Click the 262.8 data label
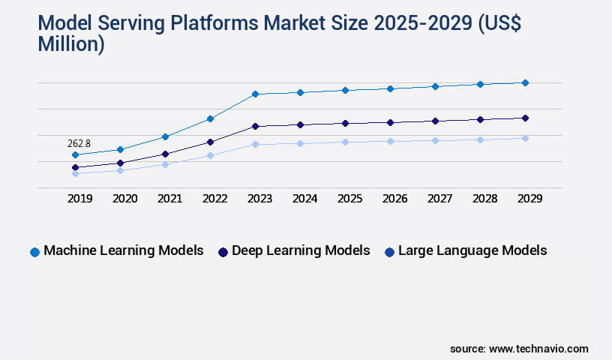point(79,143)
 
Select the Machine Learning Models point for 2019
point(75,155)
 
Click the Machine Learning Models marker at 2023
point(255,94)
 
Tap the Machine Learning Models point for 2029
point(525,82)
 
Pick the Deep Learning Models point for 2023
point(255,126)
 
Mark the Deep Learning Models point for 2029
point(525,118)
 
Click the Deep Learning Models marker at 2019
point(75,167)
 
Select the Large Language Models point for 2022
point(210,155)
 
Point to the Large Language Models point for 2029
point(525,138)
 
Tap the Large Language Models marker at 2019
point(75,173)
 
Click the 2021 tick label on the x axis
point(169,199)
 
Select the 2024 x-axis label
point(304,199)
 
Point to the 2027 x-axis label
point(439,199)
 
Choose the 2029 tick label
point(529,199)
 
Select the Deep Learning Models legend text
point(301,250)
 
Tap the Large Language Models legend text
point(472,250)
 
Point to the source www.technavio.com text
point(519,349)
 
